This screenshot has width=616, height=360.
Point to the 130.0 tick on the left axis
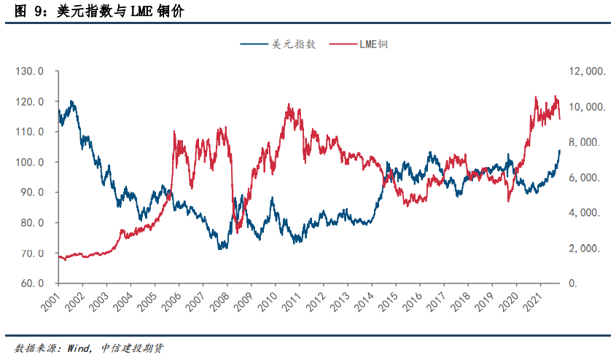point(31,71)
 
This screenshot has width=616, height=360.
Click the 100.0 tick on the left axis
point(31,162)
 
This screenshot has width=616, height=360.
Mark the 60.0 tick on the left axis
point(31,283)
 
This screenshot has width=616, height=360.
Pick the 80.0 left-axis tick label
point(31,223)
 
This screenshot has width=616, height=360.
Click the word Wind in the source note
point(79,348)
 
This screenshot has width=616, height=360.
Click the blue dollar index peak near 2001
point(71,101)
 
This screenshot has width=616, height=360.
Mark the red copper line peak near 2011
point(289,104)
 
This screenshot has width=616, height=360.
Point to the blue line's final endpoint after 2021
point(560,150)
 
